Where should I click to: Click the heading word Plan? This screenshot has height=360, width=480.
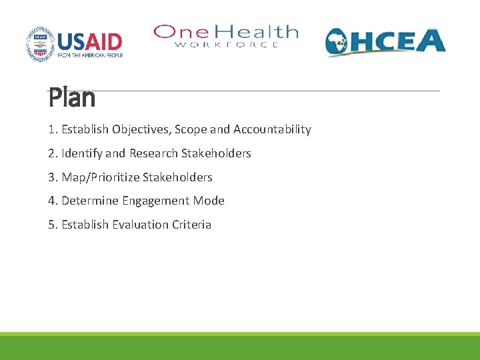(x=72, y=99)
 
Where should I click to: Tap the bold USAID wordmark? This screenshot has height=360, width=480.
(x=90, y=41)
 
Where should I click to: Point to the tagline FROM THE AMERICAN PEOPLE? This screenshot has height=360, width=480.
(x=90, y=55)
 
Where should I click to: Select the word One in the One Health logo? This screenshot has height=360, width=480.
(x=175, y=32)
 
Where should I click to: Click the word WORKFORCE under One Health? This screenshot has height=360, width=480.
(x=226, y=45)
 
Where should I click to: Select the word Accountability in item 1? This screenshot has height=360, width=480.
(x=272, y=129)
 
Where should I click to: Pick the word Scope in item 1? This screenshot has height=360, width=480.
(x=191, y=129)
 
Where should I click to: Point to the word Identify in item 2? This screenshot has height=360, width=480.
(x=81, y=153)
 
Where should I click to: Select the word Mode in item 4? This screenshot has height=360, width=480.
(x=209, y=201)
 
